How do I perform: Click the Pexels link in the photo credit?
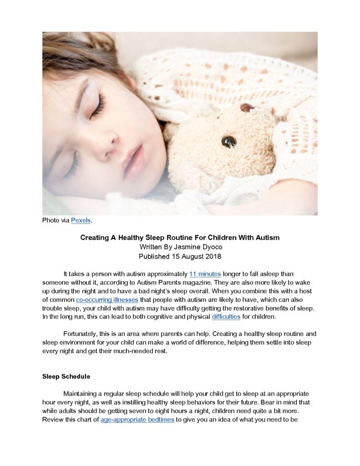click(x=81, y=220)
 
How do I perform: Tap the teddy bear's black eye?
click(x=228, y=141)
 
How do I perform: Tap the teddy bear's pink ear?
click(x=247, y=108)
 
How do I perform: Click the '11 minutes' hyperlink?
click(x=205, y=274)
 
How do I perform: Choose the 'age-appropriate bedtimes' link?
click(x=137, y=420)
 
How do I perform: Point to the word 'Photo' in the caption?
click(x=51, y=220)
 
